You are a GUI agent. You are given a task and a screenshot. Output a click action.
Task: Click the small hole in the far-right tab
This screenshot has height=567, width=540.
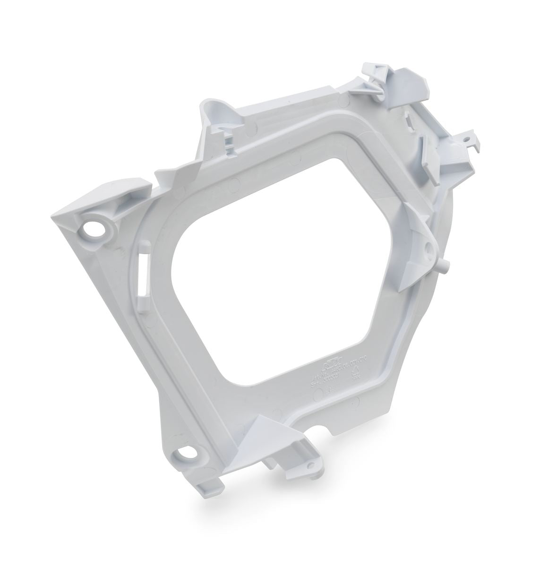tap(466, 140)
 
